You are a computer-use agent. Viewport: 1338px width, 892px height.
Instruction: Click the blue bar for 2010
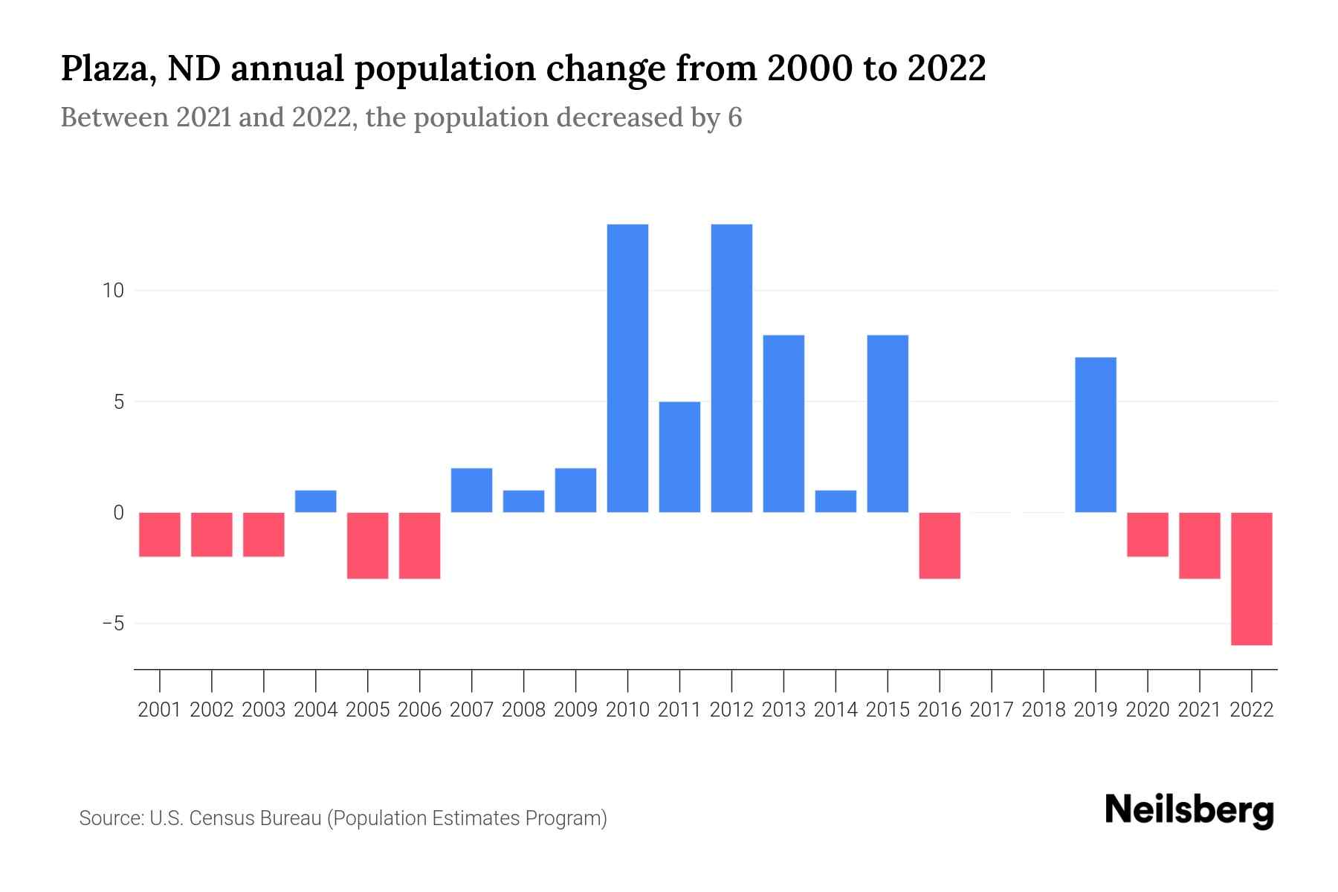coord(627,368)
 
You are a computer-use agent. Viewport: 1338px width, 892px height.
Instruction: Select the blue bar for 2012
coord(731,368)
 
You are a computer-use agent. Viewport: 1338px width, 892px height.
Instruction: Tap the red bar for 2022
coord(1252,578)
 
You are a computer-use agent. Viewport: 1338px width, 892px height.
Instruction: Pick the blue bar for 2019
coord(1096,435)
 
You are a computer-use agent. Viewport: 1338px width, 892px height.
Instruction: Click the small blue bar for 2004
coord(316,501)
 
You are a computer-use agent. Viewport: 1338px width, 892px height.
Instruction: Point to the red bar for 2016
coord(940,545)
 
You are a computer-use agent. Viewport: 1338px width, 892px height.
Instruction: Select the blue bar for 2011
coord(679,456)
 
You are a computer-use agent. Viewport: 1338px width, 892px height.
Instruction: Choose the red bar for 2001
coord(160,534)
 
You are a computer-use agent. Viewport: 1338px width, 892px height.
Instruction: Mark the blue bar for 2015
coord(888,424)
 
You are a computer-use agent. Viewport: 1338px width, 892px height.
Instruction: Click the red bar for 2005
coord(368,545)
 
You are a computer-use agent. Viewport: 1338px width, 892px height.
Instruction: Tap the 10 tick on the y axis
coord(113,291)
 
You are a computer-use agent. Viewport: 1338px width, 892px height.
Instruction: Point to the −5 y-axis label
coord(113,624)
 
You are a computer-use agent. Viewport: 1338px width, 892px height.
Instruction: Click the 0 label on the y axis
coord(118,513)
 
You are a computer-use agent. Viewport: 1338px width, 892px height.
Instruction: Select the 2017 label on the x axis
coord(992,710)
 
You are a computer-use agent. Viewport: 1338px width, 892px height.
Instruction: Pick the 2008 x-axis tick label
coord(523,710)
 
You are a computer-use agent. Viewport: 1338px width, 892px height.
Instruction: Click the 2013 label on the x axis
coord(783,710)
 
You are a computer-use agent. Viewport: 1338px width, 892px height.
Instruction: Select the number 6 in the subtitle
coord(734,117)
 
